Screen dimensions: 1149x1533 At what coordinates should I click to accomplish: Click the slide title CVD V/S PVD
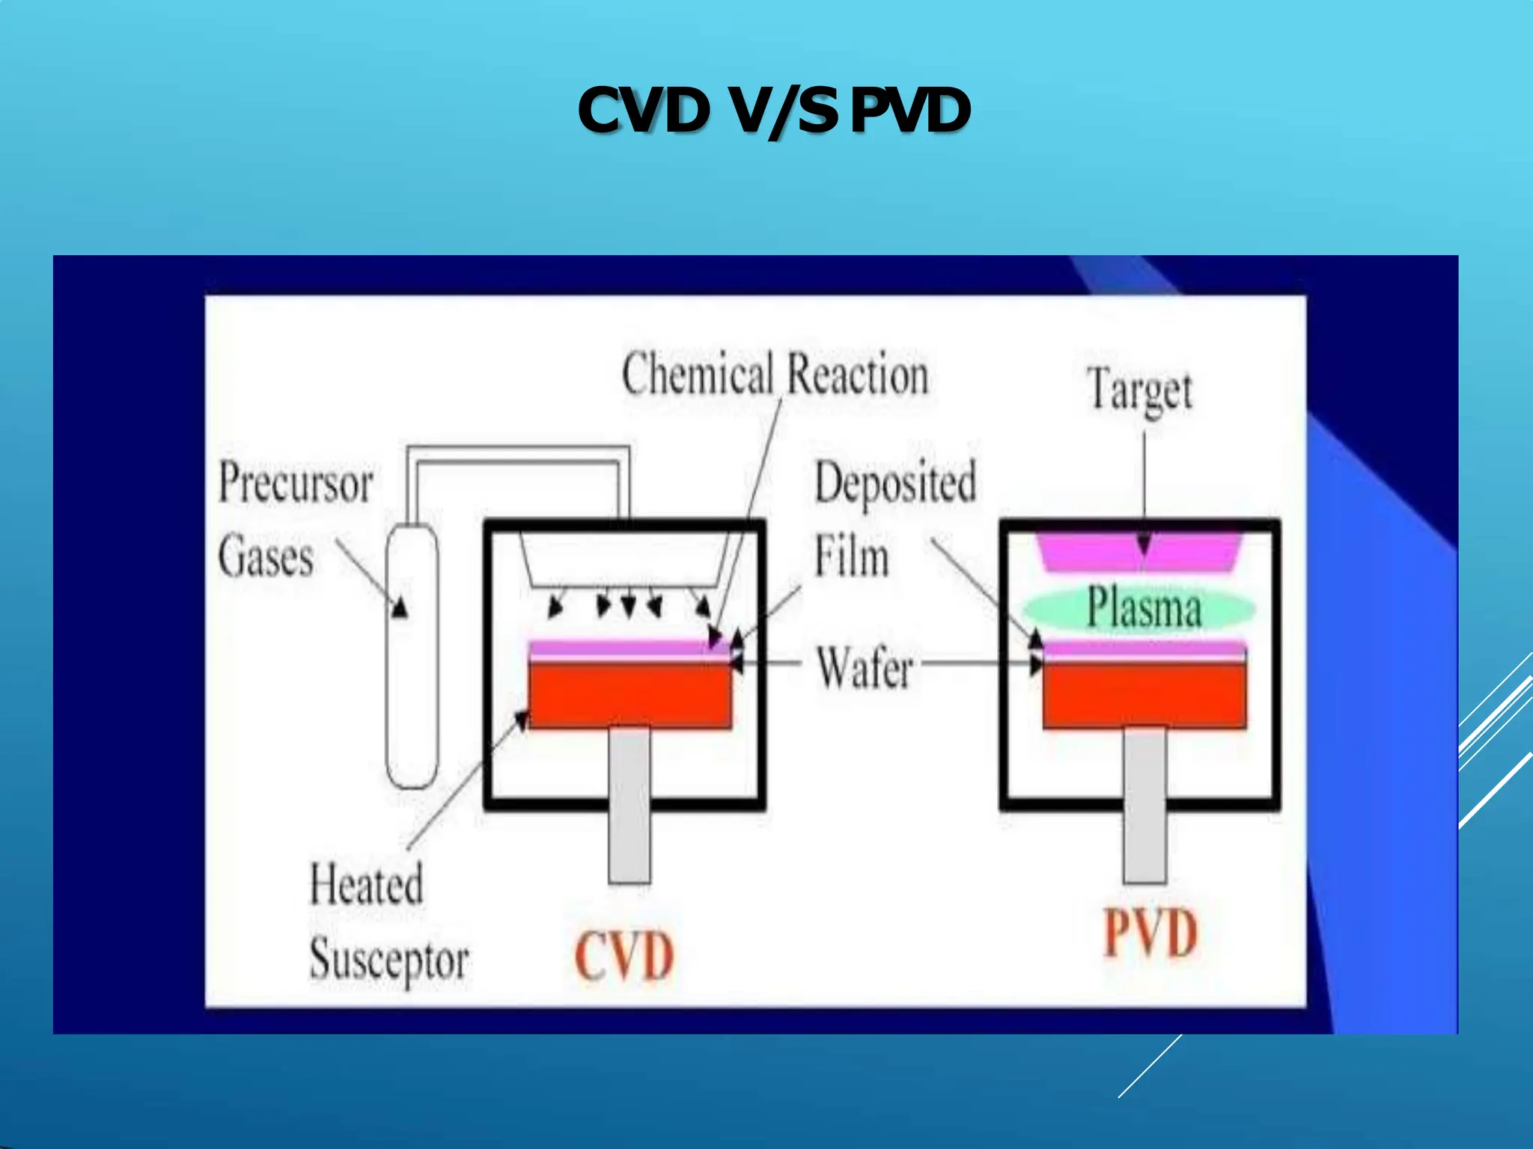(774, 111)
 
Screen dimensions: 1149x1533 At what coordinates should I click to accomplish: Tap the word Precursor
(296, 482)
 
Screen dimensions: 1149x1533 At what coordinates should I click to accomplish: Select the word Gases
(266, 557)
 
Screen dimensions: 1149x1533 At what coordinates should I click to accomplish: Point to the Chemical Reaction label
(775, 373)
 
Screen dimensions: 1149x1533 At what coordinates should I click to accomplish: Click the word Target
(1139, 390)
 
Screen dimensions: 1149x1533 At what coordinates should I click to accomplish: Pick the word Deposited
(895, 482)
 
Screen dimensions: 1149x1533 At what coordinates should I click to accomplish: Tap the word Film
(852, 557)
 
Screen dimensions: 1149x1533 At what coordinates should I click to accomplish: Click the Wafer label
(865, 667)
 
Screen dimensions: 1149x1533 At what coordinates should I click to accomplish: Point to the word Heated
(367, 884)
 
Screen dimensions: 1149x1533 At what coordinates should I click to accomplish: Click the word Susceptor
(389, 960)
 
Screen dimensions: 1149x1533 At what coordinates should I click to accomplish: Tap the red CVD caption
(624, 956)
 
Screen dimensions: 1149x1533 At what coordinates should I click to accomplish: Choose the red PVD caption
(1150, 933)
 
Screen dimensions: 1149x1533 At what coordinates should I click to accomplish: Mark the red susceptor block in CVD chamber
(630, 696)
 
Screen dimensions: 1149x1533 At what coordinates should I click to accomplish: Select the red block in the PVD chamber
(1145, 696)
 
